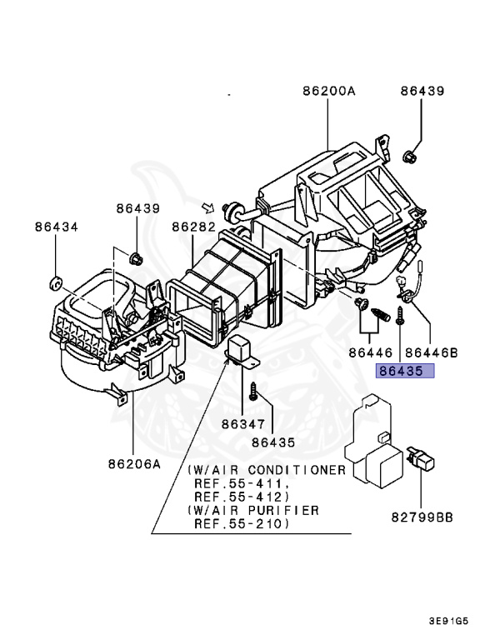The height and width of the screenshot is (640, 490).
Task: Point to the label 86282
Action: click(x=193, y=226)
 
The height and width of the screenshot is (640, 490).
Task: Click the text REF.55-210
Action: click(x=242, y=524)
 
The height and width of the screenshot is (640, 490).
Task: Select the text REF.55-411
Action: click(x=242, y=483)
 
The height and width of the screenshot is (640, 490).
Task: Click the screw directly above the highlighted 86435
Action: click(x=401, y=316)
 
